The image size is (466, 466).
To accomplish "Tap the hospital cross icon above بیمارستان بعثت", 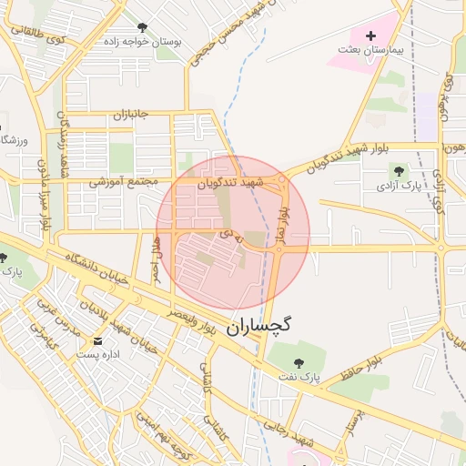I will tap(370, 35).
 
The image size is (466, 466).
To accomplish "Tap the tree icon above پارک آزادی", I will tap(398, 169).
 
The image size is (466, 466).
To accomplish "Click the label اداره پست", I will tap(96, 355).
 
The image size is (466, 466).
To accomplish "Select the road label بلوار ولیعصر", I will tap(190, 323).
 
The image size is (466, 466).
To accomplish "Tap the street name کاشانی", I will tap(208, 380).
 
